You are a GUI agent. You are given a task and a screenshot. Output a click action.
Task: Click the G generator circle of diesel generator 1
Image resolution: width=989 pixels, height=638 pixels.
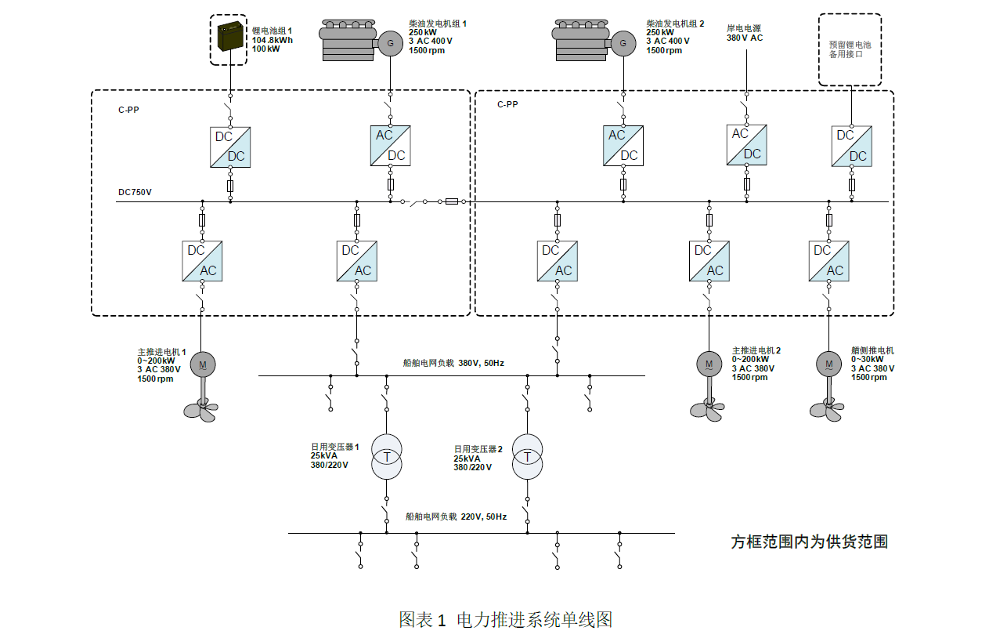389,42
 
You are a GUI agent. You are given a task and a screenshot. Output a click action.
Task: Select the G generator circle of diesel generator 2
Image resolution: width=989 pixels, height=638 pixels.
623,42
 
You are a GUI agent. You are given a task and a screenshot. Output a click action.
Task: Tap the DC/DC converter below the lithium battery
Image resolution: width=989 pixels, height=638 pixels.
230,147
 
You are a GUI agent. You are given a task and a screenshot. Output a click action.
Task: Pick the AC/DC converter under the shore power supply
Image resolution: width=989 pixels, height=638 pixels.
746,144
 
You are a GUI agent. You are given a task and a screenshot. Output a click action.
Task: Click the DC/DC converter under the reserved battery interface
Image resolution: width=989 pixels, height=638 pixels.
851,146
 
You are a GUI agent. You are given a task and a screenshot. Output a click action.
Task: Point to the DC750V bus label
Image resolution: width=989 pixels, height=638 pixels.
135,192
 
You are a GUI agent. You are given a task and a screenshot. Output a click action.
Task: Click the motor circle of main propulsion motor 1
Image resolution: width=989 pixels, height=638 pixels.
202,364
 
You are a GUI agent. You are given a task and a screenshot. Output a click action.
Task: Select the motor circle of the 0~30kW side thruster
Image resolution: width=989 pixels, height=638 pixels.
828,364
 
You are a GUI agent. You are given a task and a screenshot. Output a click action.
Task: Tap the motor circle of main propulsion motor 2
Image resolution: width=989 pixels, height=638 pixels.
709,364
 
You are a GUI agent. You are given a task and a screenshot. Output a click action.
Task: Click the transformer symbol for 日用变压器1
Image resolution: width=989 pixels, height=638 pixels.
386,457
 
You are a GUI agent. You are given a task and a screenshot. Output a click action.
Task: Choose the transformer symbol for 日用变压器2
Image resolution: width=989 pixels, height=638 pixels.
527,457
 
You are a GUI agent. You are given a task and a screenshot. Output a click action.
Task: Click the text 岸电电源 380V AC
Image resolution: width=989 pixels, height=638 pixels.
745,33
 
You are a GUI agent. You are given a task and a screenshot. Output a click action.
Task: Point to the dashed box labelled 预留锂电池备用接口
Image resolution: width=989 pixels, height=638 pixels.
850,49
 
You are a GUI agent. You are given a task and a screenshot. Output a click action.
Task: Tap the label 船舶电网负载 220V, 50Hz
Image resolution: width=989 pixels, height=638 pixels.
456,517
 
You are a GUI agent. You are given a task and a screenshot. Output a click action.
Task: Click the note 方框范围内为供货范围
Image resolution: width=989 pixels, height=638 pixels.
809,542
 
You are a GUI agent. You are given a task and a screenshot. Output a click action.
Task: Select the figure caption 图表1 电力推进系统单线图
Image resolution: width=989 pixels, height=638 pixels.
505,619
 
